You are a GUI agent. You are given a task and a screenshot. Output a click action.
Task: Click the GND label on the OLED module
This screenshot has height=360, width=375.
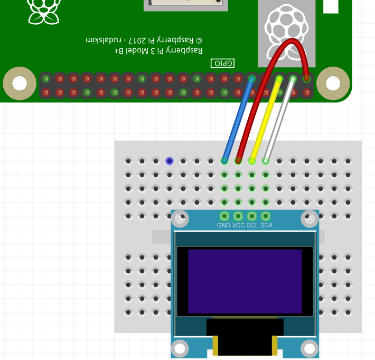click(223, 226)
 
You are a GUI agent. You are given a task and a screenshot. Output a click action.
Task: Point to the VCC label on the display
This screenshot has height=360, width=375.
click(238, 226)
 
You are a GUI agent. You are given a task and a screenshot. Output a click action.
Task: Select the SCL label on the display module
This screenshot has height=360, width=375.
click(252, 226)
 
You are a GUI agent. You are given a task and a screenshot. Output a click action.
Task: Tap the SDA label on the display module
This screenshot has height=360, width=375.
click(266, 226)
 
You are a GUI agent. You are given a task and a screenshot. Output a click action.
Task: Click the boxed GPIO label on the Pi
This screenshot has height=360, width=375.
click(222, 63)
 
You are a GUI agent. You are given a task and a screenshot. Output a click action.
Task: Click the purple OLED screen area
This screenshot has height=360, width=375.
click(245, 281)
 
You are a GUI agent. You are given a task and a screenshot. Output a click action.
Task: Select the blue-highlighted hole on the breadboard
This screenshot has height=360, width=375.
click(170, 161)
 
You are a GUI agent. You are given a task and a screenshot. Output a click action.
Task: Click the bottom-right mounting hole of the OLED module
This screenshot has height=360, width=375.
click(310, 348)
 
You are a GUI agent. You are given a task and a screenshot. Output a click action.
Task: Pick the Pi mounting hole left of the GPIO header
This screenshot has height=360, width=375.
click(20, 84)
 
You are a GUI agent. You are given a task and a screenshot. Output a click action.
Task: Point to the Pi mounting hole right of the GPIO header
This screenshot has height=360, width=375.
click(333, 84)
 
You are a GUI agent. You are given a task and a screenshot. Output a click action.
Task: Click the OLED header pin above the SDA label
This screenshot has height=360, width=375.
click(266, 216)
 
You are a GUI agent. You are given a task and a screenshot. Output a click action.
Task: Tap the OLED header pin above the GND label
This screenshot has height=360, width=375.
click(224, 216)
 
